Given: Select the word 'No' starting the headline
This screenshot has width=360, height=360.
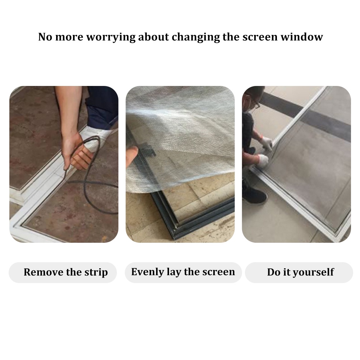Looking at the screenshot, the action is coord(45,37).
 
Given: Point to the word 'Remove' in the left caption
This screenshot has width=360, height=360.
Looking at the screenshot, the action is coord(44,272).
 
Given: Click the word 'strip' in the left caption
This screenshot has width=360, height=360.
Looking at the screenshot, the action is coord(96,273).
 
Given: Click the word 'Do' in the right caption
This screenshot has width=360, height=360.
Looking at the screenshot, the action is coord(273,272).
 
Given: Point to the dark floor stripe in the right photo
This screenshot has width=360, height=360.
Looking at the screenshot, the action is coord(305,115).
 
